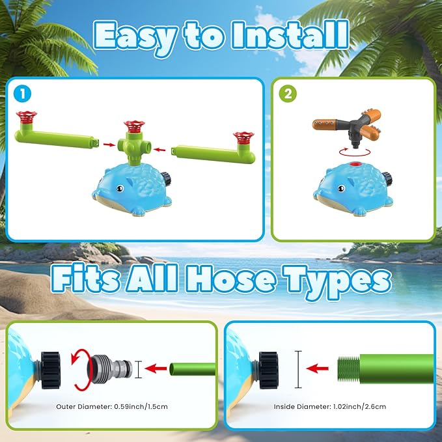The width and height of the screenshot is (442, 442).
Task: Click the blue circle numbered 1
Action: coord(22,94)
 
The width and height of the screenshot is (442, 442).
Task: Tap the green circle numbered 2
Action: coord(288,94)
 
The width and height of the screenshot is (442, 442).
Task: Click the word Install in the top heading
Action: coord(290,36)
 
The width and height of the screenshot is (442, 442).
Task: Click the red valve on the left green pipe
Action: coord(27,117)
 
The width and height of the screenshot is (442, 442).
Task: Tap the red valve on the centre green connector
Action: coord(135,126)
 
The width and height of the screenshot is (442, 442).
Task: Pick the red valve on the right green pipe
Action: coord(243,138)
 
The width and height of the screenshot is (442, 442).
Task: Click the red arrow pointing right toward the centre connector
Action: coord(109,145)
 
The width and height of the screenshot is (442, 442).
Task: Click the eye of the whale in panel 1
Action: coord(120,188)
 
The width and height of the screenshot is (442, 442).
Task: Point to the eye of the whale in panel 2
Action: coord(341,188)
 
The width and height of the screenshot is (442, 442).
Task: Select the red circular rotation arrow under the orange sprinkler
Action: coord(355,152)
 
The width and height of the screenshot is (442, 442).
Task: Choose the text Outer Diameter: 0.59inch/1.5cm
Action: coord(112,406)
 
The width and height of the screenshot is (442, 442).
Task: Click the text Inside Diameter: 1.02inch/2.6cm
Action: coord(330,406)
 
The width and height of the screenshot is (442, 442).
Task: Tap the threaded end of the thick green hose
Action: coord(348,368)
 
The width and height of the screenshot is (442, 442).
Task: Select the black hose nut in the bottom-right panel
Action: coord(268,370)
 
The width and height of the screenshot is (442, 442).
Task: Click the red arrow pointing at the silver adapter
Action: coord(156,368)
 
